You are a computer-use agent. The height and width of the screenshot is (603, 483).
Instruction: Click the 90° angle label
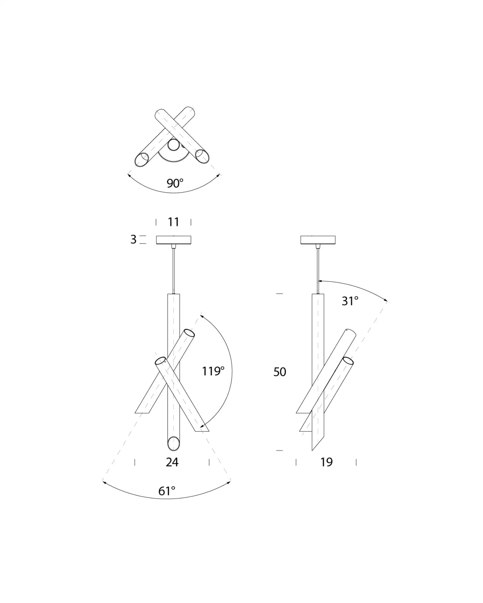point(175,183)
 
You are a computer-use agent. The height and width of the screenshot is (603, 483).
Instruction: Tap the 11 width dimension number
point(174,222)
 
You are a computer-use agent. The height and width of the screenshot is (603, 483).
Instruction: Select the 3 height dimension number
point(133,239)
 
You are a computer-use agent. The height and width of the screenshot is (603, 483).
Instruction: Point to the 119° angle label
point(213,371)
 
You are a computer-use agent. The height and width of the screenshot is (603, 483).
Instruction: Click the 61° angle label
point(167,491)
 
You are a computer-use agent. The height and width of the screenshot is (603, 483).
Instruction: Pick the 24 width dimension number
point(172,462)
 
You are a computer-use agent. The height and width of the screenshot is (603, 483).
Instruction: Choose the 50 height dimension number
point(280,372)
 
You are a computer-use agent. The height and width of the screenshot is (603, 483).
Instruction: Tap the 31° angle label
point(350,301)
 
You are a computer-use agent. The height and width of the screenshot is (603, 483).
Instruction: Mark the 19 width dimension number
point(326,462)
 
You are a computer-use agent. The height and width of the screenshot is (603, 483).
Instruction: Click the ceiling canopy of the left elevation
point(174,240)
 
